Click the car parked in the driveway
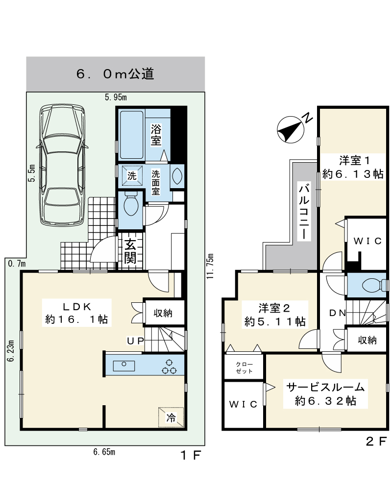click(x=62, y=165)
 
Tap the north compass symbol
click(x=291, y=130)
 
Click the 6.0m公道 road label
click(x=115, y=74)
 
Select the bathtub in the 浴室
click(x=132, y=135)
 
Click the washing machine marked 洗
click(x=132, y=175)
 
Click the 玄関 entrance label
click(x=130, y=251)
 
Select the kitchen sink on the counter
click(x=124, y=365)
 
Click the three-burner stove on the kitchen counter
click(x=169, y=367)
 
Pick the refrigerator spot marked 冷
click(x=171, y=417)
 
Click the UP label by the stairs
click(x=135, y=341)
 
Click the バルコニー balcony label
click(x=303, y=213)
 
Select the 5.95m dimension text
click(x=116, y=97)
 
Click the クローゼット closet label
click(x=244, y=367)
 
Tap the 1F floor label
click(x=191, y=455)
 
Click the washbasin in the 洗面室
click(x=177, y=176)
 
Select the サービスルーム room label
click(x=325, y=387)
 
